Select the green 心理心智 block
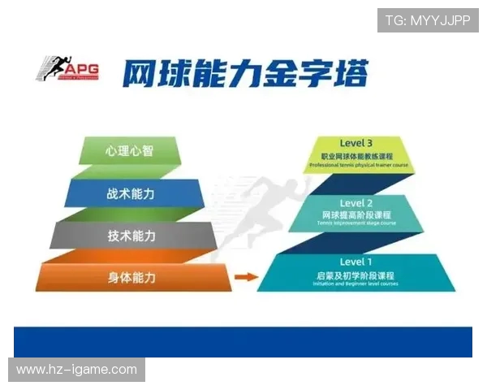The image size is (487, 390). (x=131, y=150)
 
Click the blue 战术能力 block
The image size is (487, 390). (x=131, y=193)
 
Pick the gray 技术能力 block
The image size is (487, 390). (x=131, y=236)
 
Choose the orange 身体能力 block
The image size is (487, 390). (x=131, y=278)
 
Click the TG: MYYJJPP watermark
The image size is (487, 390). (x=428, y=20)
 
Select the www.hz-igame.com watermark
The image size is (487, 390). (x=77, y=370)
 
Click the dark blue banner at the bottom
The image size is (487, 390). (x=243, y=342)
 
